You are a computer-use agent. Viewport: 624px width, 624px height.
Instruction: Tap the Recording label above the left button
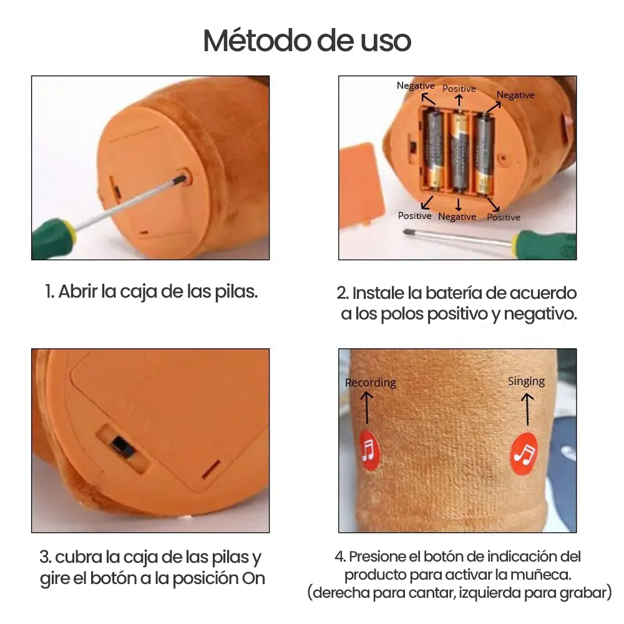(x=371, y=383)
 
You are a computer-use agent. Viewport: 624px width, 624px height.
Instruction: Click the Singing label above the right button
(x=526, y=382)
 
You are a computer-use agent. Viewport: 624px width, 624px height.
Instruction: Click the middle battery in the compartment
(x=459, y=152)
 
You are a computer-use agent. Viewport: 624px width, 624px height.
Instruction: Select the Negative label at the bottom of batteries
(x=457, y=217)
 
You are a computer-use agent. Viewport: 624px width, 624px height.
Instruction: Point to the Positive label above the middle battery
(x=459, y=89)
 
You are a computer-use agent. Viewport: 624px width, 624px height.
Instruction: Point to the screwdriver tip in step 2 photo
(x=407, y=232)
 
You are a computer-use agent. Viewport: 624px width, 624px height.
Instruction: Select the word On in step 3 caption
(x=253, y=578)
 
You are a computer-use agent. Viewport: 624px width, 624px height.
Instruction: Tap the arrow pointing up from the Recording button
(x=366, y=408)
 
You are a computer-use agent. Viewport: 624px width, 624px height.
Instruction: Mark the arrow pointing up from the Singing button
(x=527, y=409)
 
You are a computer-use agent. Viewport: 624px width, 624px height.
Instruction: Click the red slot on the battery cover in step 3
(x=211, y=469)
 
